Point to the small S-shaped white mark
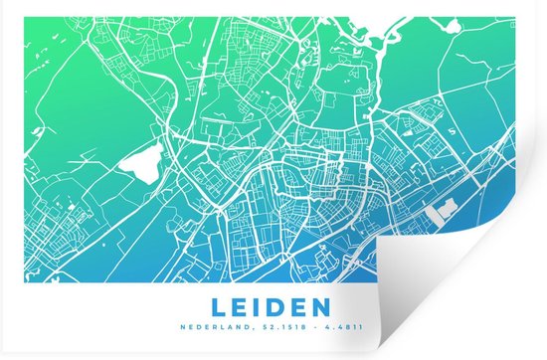[x=454, y=128]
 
